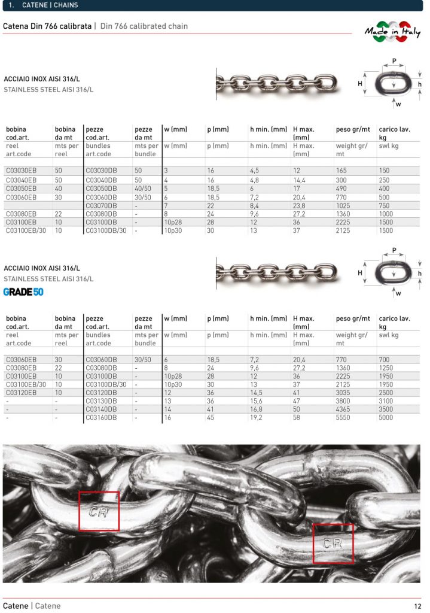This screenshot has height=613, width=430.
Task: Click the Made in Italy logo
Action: point(392,33)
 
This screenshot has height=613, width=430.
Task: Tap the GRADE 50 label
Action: point(23,292)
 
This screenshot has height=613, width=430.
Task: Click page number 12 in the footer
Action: point(417,606)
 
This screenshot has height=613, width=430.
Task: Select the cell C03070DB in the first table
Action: point(101,205)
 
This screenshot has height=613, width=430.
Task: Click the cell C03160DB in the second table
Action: point(101,417)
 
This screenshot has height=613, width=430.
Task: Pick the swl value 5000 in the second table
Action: point(386,417)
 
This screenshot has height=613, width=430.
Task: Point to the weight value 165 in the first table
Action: point(341,171)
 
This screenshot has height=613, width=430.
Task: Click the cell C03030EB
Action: point(21,171)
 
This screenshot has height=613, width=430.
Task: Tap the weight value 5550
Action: point(344,417)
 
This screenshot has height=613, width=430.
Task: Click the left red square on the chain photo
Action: point(99,511)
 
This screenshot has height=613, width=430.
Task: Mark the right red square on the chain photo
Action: point(333,544)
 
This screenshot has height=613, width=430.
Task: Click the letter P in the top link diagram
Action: point(394,62)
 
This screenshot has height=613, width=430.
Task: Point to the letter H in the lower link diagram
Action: point(361,272)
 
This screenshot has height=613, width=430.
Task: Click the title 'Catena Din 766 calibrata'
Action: point(47,26)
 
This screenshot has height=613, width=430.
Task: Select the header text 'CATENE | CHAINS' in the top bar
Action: point(49,5)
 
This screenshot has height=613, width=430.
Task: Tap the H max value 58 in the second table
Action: point(297,417)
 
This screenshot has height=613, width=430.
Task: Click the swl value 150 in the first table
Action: point(385,171)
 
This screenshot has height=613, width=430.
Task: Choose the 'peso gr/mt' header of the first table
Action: point(353,129)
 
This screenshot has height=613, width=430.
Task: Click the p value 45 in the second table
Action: point(211,417)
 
